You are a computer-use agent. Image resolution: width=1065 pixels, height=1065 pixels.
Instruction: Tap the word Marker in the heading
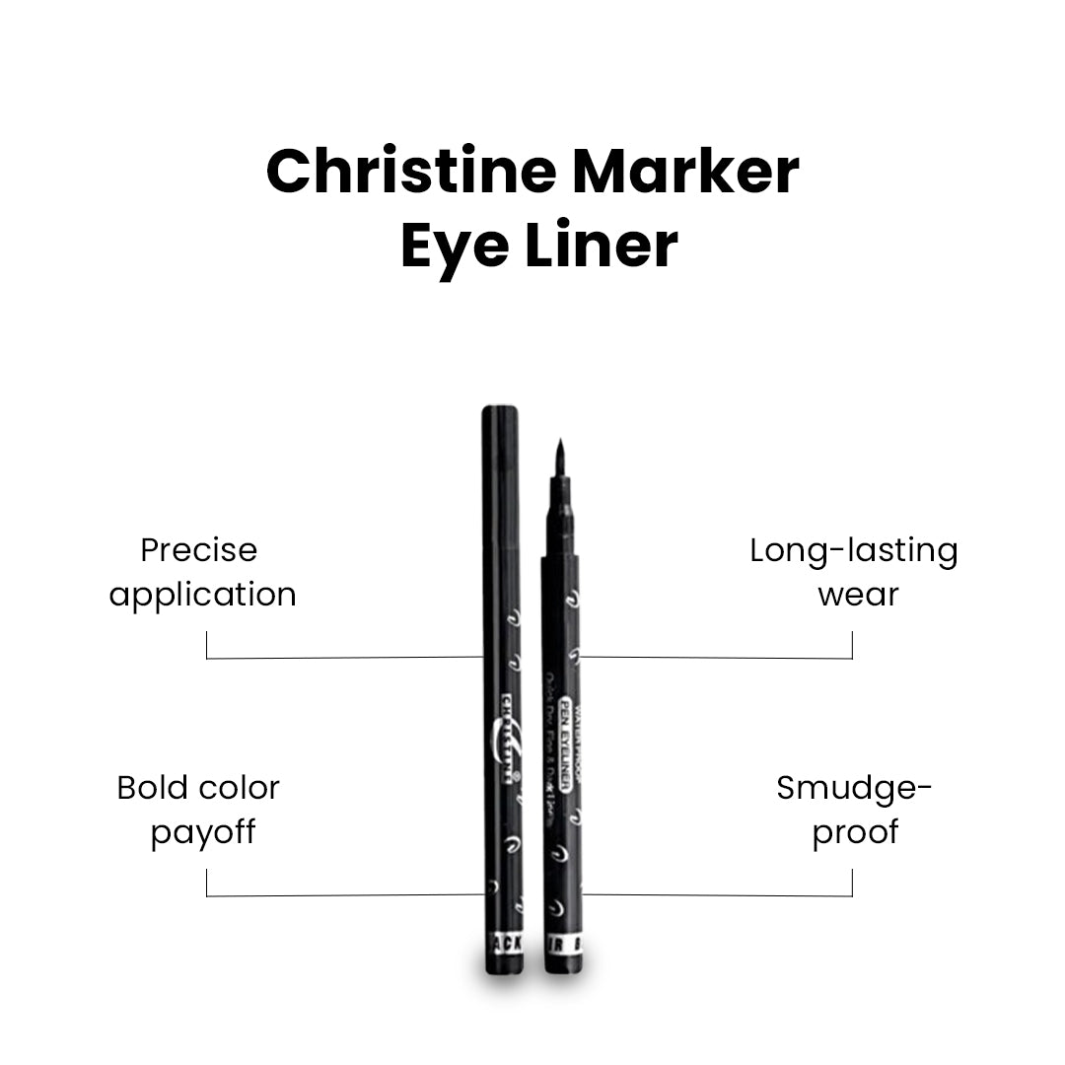pyautogui.click(x=685, y=172)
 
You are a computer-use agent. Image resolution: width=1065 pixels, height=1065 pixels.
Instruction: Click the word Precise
pyautogui.click(x=198, y=550)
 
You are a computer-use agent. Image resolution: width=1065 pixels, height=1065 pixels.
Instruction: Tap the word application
pyautogui.click(x=202, y=595)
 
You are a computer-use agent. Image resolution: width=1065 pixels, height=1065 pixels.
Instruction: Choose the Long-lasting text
pyautogui.click(x=853, y=550)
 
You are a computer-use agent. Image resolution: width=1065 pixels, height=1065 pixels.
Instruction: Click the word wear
pyautogui.click(x=858, y=595)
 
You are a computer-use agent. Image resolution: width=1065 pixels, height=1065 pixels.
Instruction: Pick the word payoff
pyautogui.click(x=203, y=832)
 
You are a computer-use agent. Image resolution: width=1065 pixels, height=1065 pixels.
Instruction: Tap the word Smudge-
pyautogui.click(x=854, y=788)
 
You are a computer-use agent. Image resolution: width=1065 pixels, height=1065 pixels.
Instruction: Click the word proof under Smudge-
pyautogui.click(x=855, y=832)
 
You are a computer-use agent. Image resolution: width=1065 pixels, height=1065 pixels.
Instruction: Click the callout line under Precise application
pyautogui.click(x=345, y=657)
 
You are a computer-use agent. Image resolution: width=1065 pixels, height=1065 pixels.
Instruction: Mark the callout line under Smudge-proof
pyautogui.click(x=720, y=895)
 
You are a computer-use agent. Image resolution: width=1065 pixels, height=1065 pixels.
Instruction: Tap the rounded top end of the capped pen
pyautogui.click(x=501, y=410)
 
